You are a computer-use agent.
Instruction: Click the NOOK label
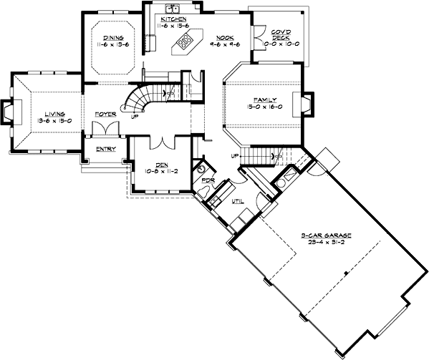[x=224, y=36]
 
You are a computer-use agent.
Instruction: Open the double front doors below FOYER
[x=106, y=129]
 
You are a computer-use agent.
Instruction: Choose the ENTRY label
[x=106, y=149]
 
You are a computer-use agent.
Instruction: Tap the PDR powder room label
[x=208, y=180]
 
